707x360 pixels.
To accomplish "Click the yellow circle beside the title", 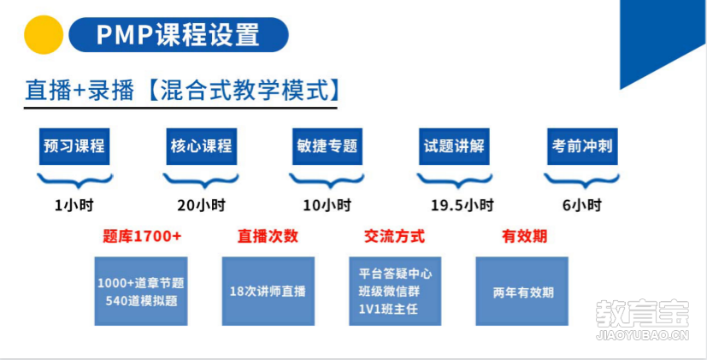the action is [x=44, y=35].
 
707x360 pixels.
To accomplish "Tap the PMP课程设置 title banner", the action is [x=179, y=35].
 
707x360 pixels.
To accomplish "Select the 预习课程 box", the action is [x=74, y=146].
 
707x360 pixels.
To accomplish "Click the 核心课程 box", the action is [x=201, y=146].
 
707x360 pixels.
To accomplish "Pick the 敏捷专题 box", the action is [x=327, y=146].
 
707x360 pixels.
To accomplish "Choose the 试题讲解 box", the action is [x=455, y=146].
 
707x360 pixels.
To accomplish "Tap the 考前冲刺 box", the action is [x=582, y=146].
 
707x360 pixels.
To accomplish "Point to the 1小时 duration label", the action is [x=74, y=206].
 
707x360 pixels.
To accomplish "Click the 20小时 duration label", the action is [x=201, y=206].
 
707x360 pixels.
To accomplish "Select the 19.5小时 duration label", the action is [x=462, y=206].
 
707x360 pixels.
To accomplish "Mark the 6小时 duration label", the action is [x=582, y=206].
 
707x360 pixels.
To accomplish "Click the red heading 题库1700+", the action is [x=142, y=236].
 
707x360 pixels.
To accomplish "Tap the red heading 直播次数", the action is [x=268, y=236].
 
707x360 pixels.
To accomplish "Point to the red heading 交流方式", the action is [x=394, y=236].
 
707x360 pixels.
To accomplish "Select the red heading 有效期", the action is [x=524, y=236].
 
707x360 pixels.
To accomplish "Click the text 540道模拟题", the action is [x=142, y=301].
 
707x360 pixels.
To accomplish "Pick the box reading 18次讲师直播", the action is [x=268, y=291].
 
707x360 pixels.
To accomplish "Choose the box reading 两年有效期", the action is [x=522, y=291].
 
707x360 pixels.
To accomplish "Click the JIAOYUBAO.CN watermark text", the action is [x=643, y=336].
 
